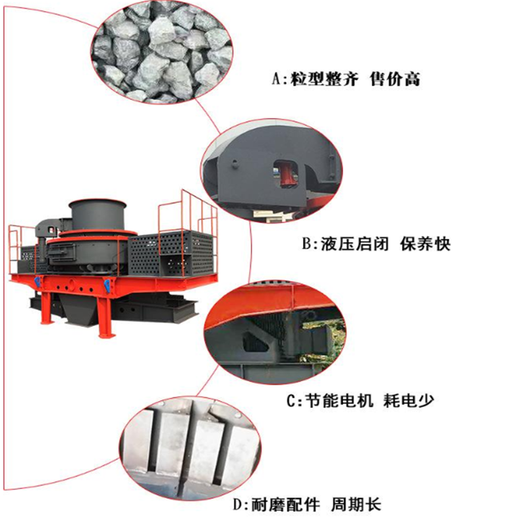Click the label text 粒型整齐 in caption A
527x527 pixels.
coord(325,80)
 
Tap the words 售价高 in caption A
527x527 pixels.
coord(395,80)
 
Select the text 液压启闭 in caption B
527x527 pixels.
coord(355,244)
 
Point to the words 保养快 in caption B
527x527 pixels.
coord(426,244)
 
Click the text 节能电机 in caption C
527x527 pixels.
coord(339,401)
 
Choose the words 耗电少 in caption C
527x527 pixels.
coord(408,401)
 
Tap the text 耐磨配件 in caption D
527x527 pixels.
coord(286,505)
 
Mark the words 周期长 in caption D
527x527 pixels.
coord(356,505)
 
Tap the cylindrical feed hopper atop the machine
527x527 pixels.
coord(97,215)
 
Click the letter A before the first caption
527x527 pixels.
coord(276,80)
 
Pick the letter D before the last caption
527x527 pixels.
coord(238,505)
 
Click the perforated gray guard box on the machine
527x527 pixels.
coord(171,254)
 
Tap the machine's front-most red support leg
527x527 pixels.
coord(105,316)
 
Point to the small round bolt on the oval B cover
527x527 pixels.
coord(235,164)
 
